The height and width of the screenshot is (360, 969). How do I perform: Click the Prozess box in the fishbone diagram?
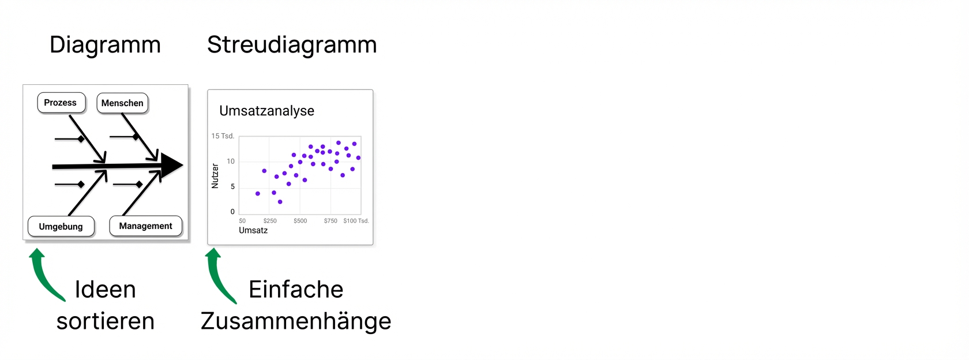tap(61, 103)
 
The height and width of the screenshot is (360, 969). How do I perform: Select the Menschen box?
tap(122, 103)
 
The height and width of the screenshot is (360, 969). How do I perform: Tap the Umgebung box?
tap(61, 226)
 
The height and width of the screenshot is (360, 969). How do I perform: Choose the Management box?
tap(146, 226)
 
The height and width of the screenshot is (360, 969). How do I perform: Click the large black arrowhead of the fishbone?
tap(172, 165)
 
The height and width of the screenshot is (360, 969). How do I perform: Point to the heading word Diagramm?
tap(105, 45)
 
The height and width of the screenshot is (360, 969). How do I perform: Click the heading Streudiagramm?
tap(292, 45)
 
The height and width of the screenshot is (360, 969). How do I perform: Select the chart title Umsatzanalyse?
tap(266, 111)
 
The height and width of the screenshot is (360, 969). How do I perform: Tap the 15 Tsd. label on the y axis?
tap(223, 136)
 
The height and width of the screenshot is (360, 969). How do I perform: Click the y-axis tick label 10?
tap(231, 162)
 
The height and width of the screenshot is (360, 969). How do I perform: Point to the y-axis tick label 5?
tap(233, 186)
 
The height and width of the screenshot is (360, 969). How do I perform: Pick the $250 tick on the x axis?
tap(270, 220)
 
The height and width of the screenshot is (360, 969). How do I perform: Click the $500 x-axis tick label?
tap(300, 220)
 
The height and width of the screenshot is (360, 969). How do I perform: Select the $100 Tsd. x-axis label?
tap(356, 220)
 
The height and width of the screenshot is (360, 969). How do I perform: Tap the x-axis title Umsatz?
tap(253, 230)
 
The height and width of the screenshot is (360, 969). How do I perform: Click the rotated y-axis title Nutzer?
tap(215, 176)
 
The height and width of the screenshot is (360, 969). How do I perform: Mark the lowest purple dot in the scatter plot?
tap(280, 202)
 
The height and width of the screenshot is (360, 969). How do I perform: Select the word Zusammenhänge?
tap(296, 321)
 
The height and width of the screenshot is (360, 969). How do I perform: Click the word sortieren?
tap(106, 321)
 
